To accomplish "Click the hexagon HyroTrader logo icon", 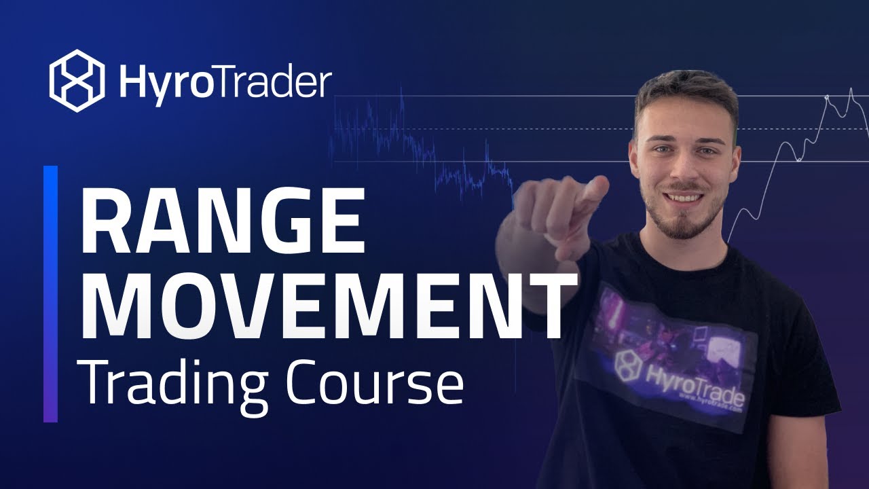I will [77, 81].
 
